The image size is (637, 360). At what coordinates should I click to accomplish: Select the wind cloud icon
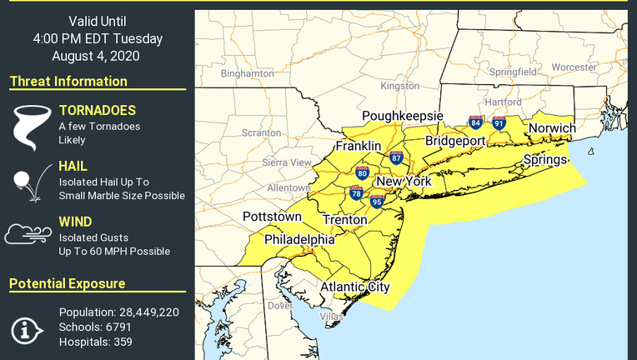pos(28,234)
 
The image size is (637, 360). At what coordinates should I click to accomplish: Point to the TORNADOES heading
pos(97,110)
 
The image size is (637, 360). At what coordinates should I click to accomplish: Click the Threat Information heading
pos(68,81)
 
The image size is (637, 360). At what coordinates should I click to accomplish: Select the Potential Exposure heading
pos(68,284)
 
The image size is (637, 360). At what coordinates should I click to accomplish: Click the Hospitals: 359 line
pos(95,342)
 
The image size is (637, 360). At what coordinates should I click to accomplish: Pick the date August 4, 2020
pos(95,57)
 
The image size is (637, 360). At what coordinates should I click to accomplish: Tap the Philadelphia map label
pos(299,239)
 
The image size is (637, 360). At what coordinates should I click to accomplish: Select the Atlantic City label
pos(355,287)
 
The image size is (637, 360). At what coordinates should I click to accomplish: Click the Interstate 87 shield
pos(396,158)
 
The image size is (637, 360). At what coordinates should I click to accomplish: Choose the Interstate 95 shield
pos(376,202)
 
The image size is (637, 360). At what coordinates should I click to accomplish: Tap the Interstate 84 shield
pos(474,122)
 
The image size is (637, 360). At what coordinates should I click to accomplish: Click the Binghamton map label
pos(247,73)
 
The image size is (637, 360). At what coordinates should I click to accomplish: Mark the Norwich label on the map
pos(552,128)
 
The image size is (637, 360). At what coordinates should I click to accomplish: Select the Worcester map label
pos(574,67)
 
